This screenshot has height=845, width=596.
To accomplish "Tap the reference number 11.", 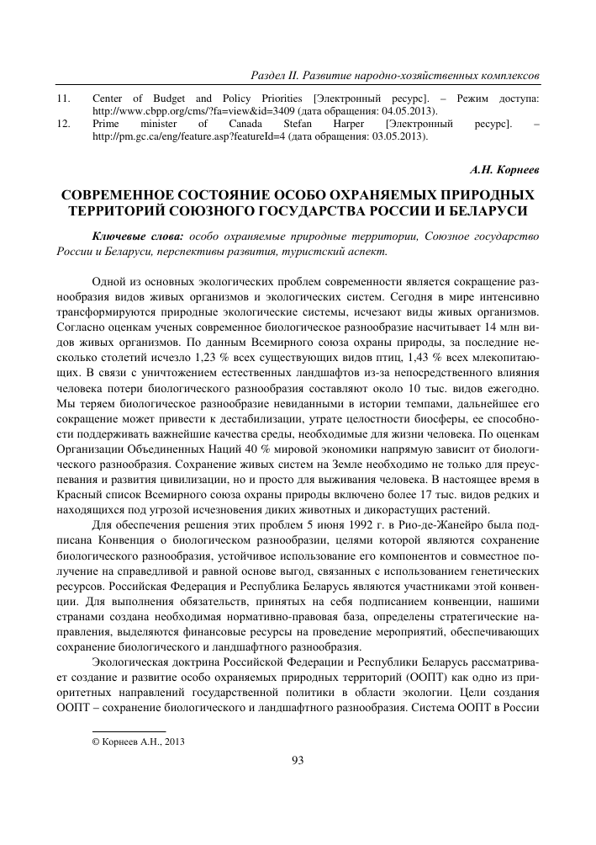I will (62, 98).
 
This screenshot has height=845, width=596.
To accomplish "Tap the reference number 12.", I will (62, 124).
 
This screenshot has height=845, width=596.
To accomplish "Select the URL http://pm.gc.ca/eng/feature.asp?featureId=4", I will (187, 136).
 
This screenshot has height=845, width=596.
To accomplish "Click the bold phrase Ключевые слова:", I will (139, 236).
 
